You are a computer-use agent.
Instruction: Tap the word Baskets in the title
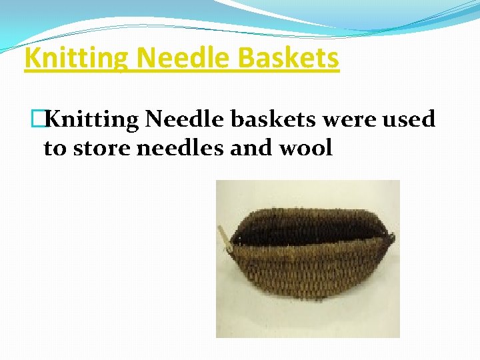(x=289, y=59)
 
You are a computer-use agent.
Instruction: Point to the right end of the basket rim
(x=390, y=237)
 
